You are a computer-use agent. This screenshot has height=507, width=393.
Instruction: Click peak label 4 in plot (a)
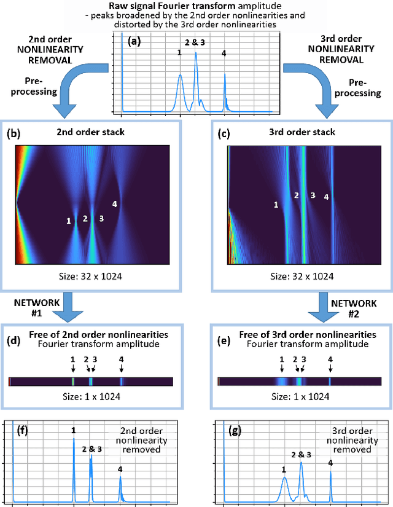coord(224,53)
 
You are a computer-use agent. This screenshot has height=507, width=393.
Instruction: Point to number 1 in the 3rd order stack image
coord(276,204)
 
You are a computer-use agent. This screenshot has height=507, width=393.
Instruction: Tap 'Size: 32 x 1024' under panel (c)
coord(301,277)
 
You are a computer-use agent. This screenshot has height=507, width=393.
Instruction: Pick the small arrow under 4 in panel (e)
coord(330,368)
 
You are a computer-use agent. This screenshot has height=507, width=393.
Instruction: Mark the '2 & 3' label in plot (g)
coord(301,454)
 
